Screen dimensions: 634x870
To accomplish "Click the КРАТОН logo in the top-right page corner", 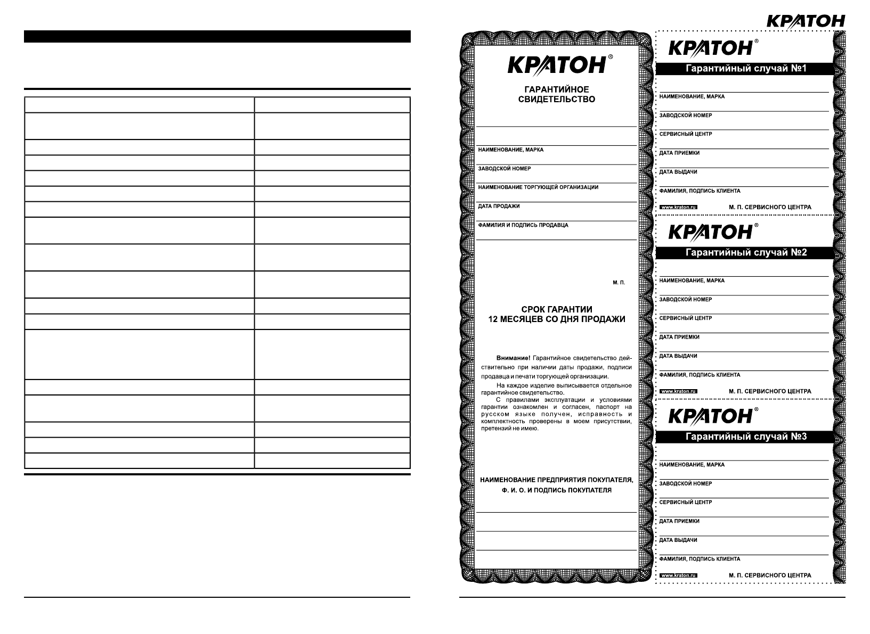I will click(805, 21).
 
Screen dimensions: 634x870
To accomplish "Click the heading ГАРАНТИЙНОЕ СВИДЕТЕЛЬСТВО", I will click(556, 94).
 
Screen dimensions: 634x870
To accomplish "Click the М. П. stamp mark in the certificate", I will click(619, 282).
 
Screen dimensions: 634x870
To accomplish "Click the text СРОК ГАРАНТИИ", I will click(556, 309).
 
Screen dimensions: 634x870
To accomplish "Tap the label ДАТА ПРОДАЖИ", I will click(499, 206).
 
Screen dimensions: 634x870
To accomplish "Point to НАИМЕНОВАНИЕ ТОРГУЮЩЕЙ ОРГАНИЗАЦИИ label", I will click(538, 187).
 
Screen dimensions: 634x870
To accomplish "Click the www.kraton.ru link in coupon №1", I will click(678, 207).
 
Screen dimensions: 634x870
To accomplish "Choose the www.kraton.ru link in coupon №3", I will click(678, 575).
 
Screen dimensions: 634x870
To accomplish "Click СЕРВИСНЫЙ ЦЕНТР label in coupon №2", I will click(686, 318).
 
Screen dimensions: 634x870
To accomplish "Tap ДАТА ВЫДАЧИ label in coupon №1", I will click(678, 172).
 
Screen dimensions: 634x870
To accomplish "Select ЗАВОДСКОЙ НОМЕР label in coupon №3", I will click(686, 484).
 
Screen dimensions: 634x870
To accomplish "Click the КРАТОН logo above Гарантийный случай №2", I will click(710, 232).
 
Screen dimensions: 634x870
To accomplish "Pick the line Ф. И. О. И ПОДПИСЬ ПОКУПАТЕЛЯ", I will click(556, 490).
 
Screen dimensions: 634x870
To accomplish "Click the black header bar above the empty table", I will click(217, 36).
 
